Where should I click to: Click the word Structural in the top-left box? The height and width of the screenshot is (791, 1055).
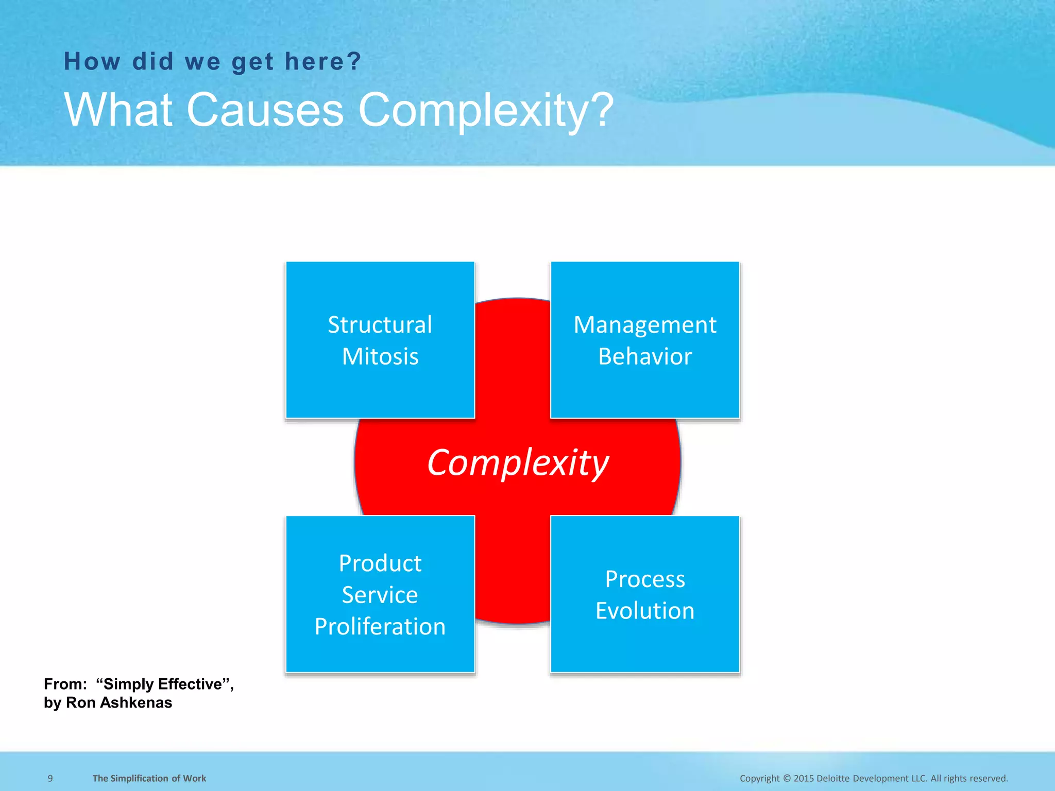(x=380, y=325)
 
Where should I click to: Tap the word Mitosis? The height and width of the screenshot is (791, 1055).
(x=380, y=356)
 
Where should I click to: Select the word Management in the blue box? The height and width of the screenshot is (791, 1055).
(x=645, y=325)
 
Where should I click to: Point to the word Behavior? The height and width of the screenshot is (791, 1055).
(x=645, y=356)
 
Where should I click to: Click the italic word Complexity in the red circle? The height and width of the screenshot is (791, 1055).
(x=518, y=462)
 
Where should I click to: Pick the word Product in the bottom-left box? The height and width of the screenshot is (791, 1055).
(x=380, y=563)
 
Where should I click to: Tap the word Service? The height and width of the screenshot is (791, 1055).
(x=380, y=595)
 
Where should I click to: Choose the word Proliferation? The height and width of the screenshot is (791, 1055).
(x=380, y=627)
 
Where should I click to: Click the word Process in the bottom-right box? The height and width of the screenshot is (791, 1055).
(x=645, y=579)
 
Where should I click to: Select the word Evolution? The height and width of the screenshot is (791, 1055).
(x=645, y=611)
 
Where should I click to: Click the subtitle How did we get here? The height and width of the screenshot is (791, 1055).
(x=213, y=62)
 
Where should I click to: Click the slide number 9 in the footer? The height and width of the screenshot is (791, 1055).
(x=50, y=778)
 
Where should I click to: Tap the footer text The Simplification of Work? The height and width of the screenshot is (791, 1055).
(x=149, y=778)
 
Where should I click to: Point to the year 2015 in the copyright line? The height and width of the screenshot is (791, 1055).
(x=804, y=778)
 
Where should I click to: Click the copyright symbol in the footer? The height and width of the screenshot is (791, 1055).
(x=787, y=778)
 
